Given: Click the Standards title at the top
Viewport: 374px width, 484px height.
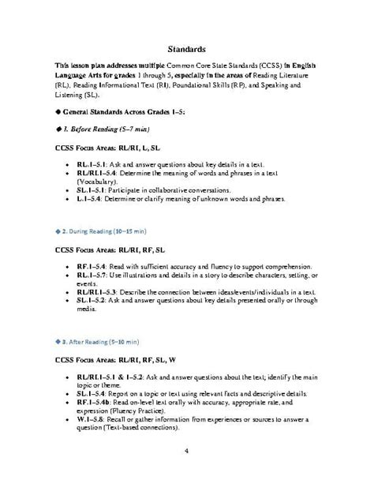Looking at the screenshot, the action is (187, 48).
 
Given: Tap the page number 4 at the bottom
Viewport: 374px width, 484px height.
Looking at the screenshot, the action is (186, 451).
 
